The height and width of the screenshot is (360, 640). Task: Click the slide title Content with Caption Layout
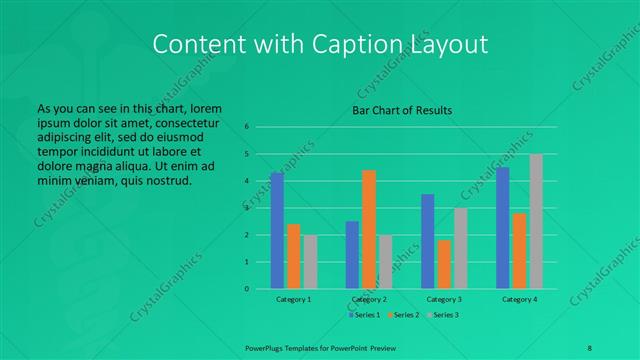(x=320, y=44)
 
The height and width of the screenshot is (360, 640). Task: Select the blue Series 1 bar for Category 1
(x=277, y=231)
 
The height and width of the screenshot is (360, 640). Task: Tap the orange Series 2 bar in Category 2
(x=369, y=229)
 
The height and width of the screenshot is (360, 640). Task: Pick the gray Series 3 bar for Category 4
(x=536, y=221)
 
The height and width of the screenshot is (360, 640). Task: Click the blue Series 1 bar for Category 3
(x=428, y=241)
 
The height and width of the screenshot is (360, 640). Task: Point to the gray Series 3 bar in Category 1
(x=310, y=262)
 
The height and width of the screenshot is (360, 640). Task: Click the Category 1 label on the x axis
(x=293, y=299)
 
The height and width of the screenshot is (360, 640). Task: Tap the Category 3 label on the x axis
(x=444, y=299)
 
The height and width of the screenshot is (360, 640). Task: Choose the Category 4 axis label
(x=520, y=299)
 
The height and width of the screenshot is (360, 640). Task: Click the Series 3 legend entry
(x=446, y=315)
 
